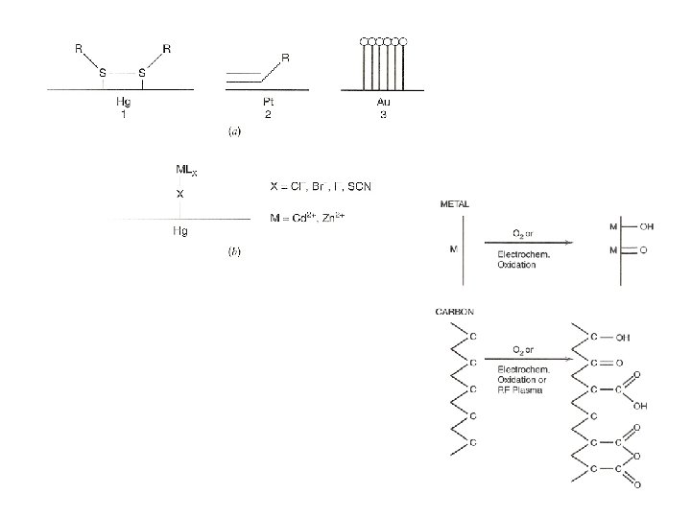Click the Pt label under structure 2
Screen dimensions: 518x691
click(268, 100)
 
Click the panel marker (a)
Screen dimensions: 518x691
click(233, 131)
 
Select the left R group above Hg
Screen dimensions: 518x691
click(80, 46)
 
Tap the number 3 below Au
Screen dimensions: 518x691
click(382, 112)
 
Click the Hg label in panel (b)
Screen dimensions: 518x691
click(179, 232)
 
